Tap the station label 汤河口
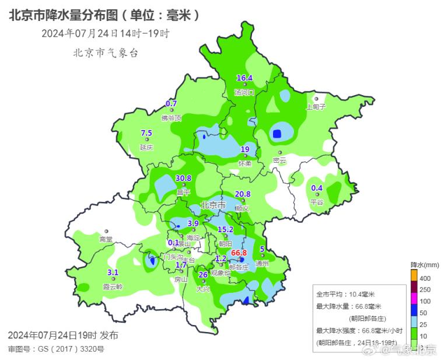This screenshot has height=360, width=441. point(244,92)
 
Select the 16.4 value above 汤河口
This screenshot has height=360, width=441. point(244,78)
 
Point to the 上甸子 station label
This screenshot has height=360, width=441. point(316,107)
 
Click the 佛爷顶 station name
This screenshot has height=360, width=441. point(171,118)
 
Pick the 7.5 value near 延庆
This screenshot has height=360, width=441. point(146,133)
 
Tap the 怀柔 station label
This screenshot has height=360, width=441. point(245,163)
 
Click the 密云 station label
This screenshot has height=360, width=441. point(279,160)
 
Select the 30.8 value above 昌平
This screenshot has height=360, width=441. point(183,179)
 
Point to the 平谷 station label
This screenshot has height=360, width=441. point(316,202)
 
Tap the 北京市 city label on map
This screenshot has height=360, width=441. point(212,205)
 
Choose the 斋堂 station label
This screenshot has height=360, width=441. point(106,239)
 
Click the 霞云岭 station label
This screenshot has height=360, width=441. point(113,286)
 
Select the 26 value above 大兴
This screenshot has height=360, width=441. point(203,275)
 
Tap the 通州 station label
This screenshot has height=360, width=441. point(262,263)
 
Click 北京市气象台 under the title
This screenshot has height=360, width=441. point(106,53)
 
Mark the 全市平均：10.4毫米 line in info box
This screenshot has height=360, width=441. point(345,294)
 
